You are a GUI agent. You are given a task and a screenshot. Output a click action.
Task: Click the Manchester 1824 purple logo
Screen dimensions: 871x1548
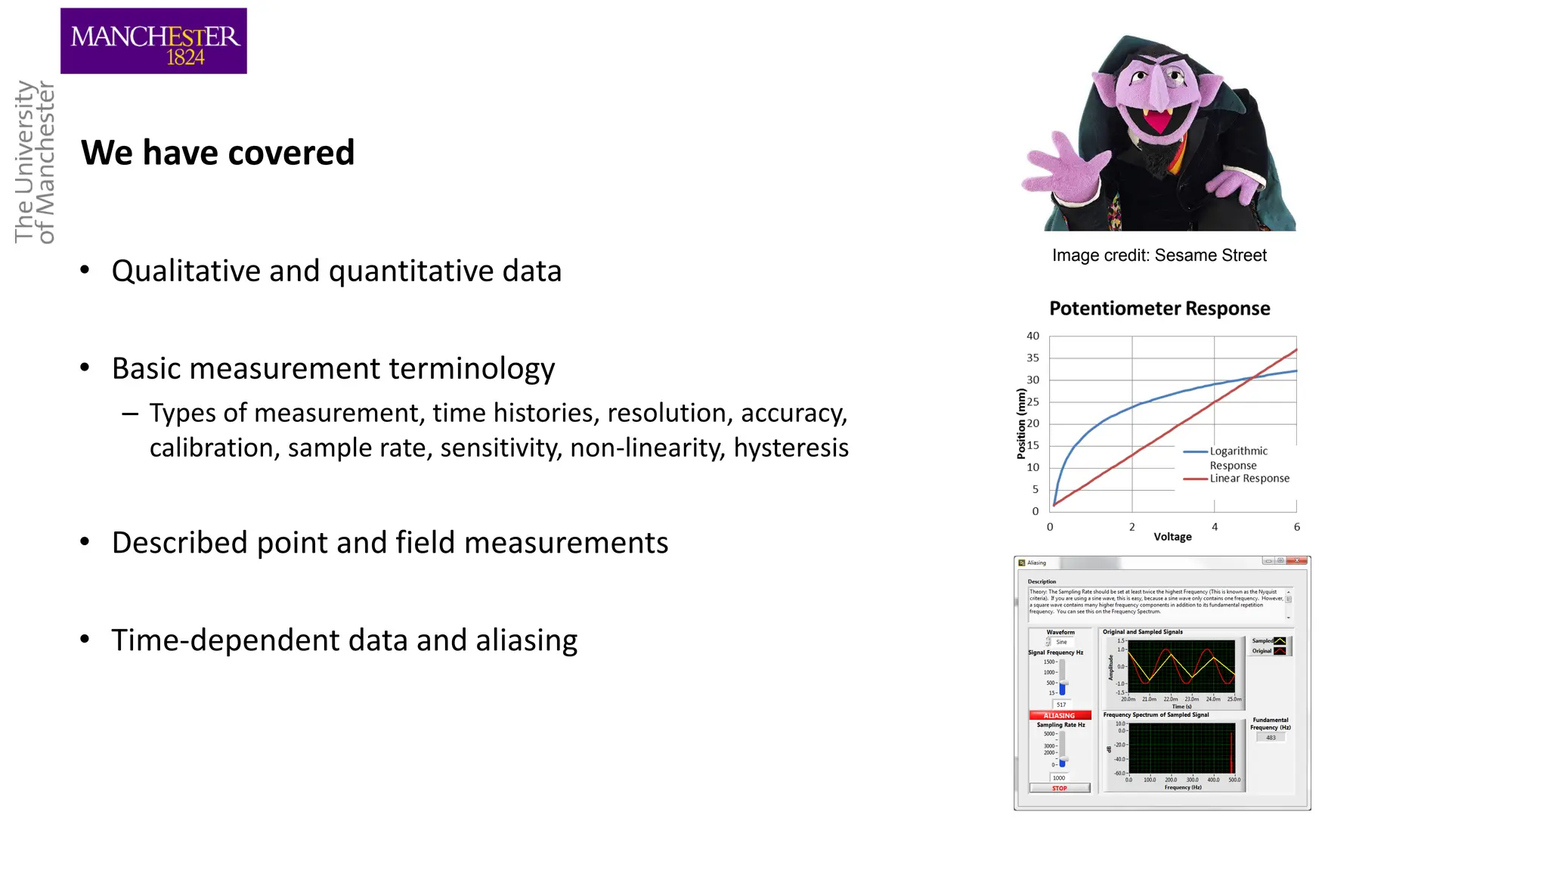point(153,41)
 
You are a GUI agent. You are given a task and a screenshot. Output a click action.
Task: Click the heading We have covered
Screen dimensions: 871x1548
point(218,153)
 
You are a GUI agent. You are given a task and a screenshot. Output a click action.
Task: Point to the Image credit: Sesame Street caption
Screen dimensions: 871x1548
point(1159,256)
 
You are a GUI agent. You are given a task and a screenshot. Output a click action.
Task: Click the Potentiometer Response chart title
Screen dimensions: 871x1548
point(1159,308)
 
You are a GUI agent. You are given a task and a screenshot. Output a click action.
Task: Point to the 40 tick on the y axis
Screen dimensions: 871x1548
point(1033,336)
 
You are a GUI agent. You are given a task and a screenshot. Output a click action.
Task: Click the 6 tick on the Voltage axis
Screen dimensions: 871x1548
point(1296,527)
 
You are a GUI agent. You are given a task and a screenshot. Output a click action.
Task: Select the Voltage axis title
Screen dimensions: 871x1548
point(1172,537)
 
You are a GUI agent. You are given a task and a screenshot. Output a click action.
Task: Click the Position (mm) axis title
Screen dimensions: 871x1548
point(1021,423)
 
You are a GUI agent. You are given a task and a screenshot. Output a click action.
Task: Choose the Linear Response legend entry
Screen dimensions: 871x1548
point(1249,479)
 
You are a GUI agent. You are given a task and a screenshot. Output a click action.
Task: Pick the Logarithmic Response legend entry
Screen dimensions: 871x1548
point(1238,457)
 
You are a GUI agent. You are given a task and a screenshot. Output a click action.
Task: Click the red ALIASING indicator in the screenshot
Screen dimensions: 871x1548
point(1059,715)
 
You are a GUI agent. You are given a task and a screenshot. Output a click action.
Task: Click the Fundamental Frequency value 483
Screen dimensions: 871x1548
point(1271,737)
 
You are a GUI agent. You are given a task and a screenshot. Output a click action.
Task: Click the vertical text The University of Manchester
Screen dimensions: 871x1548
point(35,162)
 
